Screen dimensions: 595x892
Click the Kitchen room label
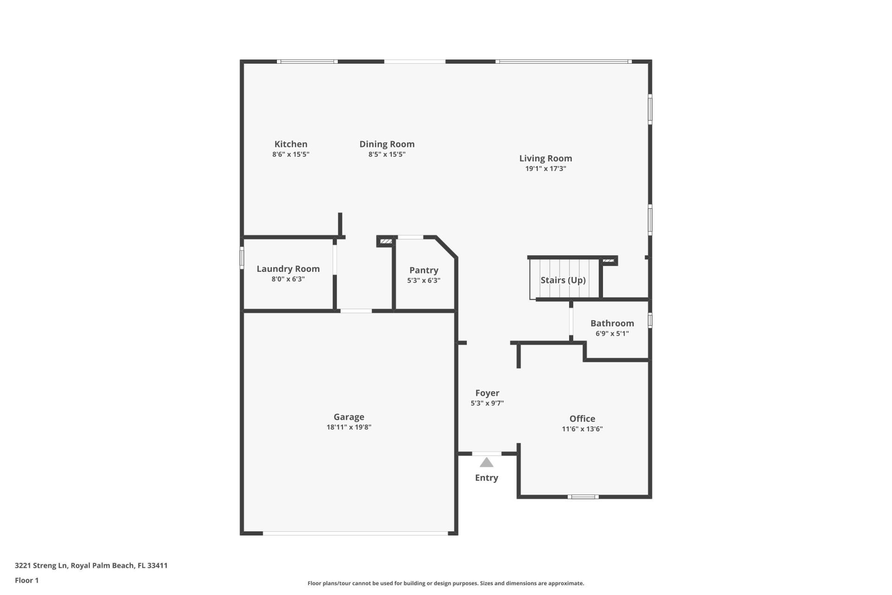(x=290, y=144)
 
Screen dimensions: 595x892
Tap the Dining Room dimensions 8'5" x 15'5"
(x=387, y=154)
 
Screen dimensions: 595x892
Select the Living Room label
(x=545, y=159)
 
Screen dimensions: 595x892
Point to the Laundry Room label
(x=288, y=269)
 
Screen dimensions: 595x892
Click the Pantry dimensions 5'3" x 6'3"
(x=423, y=280)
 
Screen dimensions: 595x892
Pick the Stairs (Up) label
(x=563, y=280)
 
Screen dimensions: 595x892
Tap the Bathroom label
(x=612, y=323)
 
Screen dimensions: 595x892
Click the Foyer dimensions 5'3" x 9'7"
(x=487, y=403)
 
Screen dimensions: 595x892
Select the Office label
(x=582, y=418)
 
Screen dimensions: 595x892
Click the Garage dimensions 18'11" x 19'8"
(x=348, y=427)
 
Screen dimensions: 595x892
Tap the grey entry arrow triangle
(x=486, y=463)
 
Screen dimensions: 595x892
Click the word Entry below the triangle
(x=486, y=478)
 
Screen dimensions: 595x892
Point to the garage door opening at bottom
(x=355, y=533)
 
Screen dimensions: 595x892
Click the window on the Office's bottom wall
(x=583, y=497)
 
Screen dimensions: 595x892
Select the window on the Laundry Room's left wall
(x=242, y=258)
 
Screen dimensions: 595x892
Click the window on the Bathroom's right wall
(x=650, y=320)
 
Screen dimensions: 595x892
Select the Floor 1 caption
(x=26, y=580)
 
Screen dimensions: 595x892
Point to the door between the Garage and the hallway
(x=356, y=311)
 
